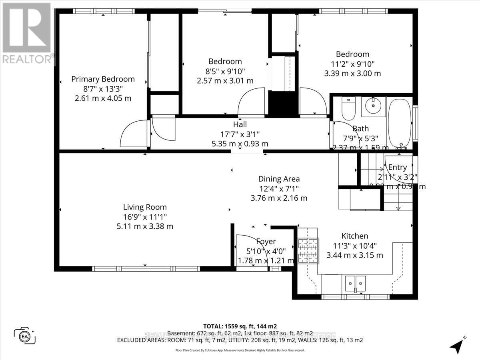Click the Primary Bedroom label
click(x=103, y=79)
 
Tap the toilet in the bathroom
click(x=348, y=109)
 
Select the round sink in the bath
click(x=373, y=106)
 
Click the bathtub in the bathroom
click(x=399, y=123)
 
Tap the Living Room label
click(x=145, y=207)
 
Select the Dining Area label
click(x=279, y=179)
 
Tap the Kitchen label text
click(x=354, y=236)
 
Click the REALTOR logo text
click(x=27, y=59)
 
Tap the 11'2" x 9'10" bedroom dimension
click(x=352, y=64)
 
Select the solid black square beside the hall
click(x=283, y=104)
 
